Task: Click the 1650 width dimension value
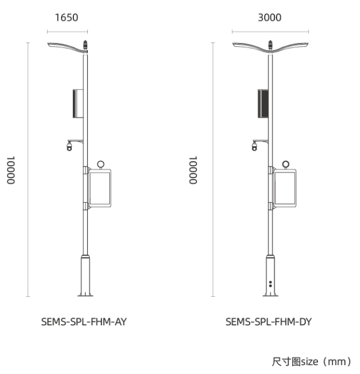[67, 18]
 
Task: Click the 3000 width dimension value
[270, 18]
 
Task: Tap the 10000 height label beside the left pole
[11, 170]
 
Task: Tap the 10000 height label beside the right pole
[193, 170]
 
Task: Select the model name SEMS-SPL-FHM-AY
[84, 322]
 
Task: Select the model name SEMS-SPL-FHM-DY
[269, 322]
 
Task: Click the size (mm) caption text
[311, 362]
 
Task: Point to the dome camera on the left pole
[69, 146]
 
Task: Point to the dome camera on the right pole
[255, 146]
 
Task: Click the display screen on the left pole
[100, 188]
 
